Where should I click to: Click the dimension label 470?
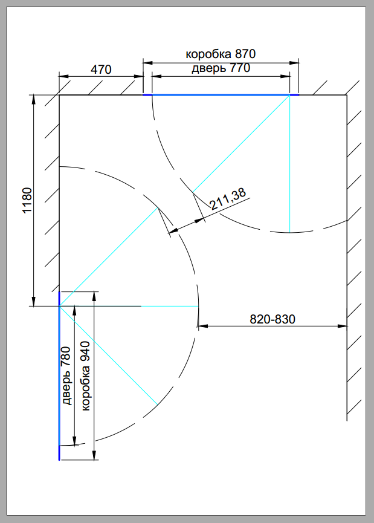[x=101, y=70]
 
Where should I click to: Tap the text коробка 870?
[x=221, y=54]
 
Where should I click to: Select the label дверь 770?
[x=221, y=68]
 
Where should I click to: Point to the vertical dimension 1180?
[x=27, y=200]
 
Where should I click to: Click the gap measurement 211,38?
[x=228, y=198]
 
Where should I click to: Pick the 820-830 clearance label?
[x=272, y=319]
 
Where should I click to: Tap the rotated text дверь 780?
[x=66, y=375]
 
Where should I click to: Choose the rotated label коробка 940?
[x=85, y=376]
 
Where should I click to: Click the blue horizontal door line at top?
[x=221, y=95]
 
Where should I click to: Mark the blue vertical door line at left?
[x=59, y=376]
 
